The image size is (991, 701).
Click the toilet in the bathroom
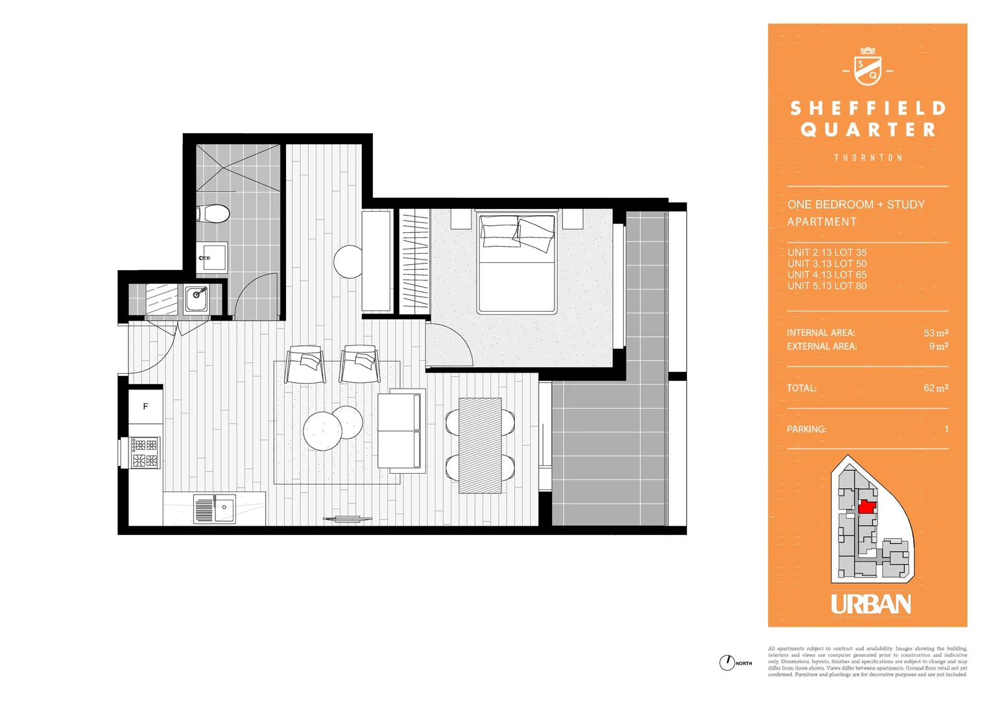213,213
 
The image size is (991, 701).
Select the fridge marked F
145,406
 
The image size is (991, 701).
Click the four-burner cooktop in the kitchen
145,452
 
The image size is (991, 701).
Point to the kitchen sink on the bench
215,508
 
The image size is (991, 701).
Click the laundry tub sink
197,299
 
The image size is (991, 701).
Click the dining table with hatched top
480,445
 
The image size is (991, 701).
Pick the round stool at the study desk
348,262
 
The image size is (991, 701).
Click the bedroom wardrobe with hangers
414,262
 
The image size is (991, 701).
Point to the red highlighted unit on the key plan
867,507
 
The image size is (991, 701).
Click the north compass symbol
726,663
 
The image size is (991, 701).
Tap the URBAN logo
870,604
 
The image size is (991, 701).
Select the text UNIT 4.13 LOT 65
827,275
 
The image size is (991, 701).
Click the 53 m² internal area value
936,333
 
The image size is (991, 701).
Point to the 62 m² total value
936,388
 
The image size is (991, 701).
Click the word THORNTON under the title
868,158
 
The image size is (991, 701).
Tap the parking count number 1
946,429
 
